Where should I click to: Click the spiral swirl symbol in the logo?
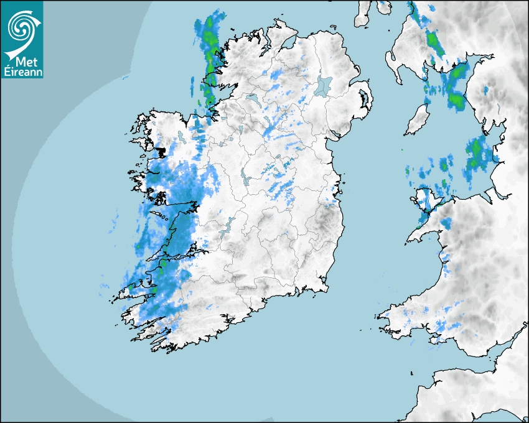coord(21,26)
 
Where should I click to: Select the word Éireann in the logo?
coord(22,72)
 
